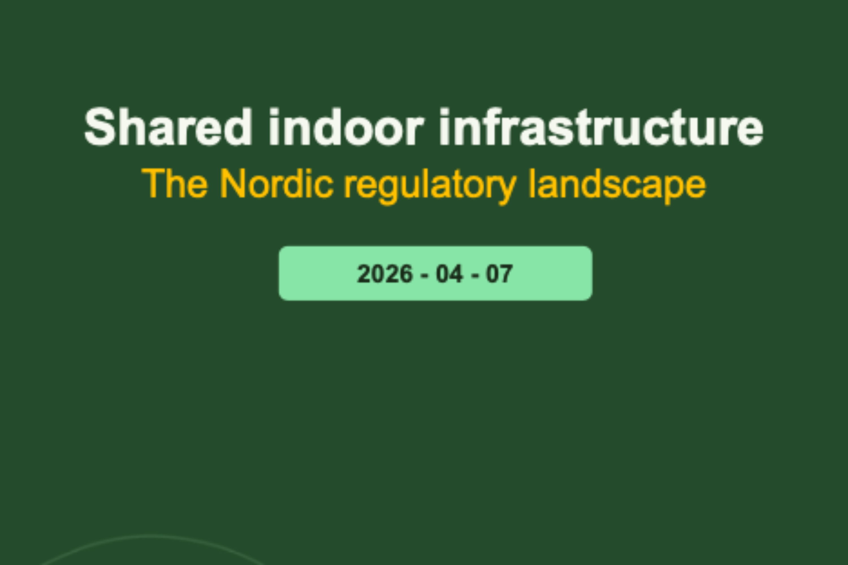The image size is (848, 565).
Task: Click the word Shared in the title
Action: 168,127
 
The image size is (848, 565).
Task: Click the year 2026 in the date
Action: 384,273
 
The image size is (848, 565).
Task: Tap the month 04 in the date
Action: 449,273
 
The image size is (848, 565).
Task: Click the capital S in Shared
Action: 99,127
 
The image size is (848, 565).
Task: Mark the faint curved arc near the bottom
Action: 152,537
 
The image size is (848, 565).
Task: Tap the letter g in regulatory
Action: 388,189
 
